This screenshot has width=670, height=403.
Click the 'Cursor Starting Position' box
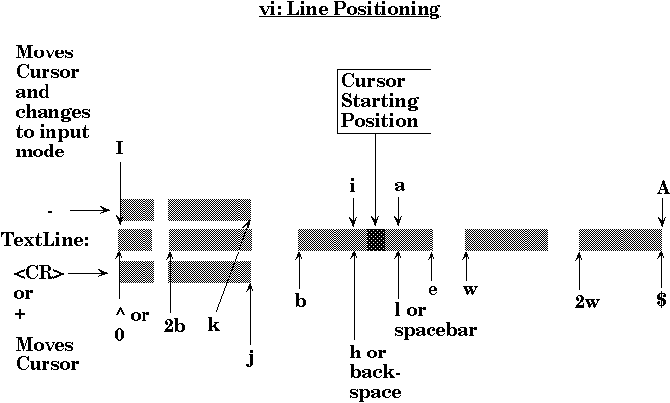pyautogui.click(x=379, y=100)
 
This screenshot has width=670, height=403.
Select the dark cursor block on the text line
pyautogui.click(x=376, y=239)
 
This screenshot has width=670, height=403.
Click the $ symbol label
pyautogui.click(x=660, y=300)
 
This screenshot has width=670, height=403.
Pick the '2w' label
pyautogui.click(x=585, y=301)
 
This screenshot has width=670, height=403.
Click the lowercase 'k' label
pyautogui.click(x=213, y=324)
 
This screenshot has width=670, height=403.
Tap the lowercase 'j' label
pyautogui.click(x=251, y=357)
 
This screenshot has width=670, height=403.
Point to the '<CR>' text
pyautogui.click(x=40, y=273)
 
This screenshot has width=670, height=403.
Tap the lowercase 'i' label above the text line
pyautogui.click(x=352, y=185)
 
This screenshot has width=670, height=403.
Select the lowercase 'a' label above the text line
pyautogui.click(x=399, y=185)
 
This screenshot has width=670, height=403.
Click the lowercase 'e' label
pyautogui.click(x=432, y=290)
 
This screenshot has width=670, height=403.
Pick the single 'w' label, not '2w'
pyautogui.click(x=471, y=290)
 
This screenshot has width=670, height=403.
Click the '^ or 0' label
pyautogui.click(x=130, y=325)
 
